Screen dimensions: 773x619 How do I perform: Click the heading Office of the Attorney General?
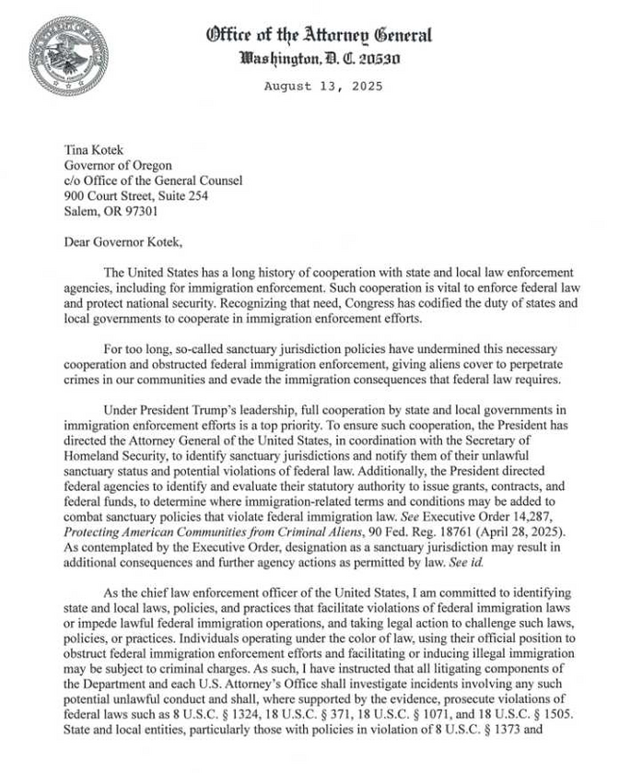(x=320, y=36)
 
